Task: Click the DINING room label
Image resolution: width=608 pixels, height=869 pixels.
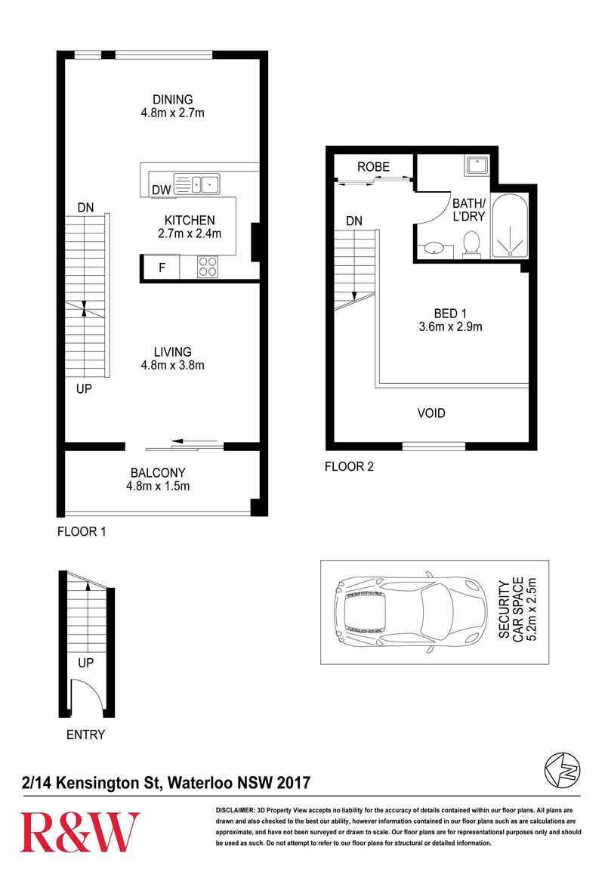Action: coord(173,100)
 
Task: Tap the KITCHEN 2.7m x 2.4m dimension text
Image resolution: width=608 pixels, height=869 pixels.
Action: coord(190,234)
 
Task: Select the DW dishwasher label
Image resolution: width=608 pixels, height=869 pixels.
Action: coord(162,190)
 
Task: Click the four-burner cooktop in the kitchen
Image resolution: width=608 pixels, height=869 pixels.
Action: coord(208,267)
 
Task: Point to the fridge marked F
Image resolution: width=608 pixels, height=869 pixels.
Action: coord(161,268)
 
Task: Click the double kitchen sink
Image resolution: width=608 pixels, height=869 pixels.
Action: coord(197,184)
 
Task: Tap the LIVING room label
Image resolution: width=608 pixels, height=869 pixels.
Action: coord(173,352)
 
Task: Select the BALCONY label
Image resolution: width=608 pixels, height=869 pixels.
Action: coord(158,473)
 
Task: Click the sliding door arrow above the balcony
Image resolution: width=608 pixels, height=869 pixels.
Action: coord(194,442)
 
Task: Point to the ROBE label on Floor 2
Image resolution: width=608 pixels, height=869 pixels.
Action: coord(373,167)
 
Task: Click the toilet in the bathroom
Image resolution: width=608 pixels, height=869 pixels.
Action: coord(471,244)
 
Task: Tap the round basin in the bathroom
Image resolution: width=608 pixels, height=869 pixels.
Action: coord(434,249)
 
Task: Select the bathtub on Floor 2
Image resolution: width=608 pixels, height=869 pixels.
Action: coord(510,226)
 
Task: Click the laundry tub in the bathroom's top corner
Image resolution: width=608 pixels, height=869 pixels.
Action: coord(477,165)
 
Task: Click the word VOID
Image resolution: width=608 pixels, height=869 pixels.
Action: coord(431,413)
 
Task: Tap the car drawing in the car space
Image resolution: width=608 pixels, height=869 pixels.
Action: coord(411,612)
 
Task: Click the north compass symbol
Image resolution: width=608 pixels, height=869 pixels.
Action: coord(562,770)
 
